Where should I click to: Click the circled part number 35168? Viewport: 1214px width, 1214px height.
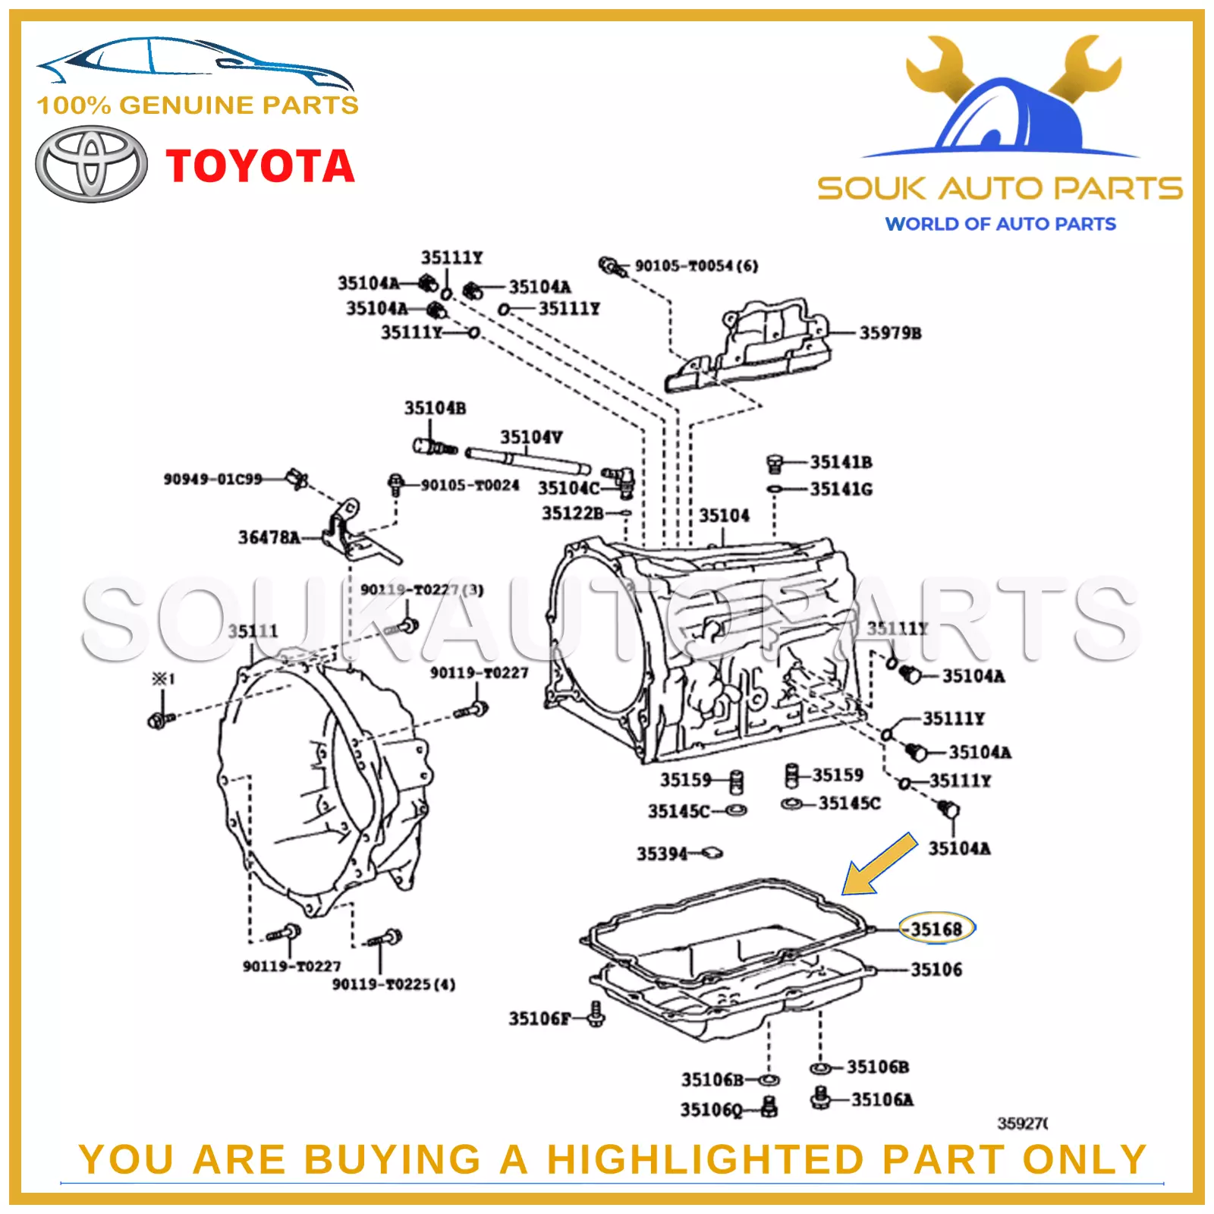[x=936, y=929]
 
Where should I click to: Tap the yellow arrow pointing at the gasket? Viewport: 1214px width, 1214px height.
[x=880, y=865]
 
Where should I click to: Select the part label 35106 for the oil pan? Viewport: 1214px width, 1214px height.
[x=936, y=970]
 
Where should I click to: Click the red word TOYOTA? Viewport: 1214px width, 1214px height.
[x=260, y=166]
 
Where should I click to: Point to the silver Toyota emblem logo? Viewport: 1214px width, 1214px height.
[x=91, y=165]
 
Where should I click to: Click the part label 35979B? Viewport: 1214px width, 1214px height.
[x=890, y=333]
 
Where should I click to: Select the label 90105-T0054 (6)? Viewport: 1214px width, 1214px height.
[x=696, y=266]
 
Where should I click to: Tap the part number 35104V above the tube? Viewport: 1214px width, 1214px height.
[x=531, y=437]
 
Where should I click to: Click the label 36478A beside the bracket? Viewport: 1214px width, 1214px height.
[x=269, y=537]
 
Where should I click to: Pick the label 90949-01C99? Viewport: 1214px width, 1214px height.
[x=213, y=479]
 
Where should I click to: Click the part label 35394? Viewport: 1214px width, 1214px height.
[x=662, y=854]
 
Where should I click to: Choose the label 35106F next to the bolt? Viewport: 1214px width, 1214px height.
[x=539, y=1018]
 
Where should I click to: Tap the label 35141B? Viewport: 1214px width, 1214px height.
[x=841, y=462]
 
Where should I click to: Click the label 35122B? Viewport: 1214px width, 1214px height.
[x=572, y=514]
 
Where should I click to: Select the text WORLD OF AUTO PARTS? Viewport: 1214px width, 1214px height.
[x=1000, y=224]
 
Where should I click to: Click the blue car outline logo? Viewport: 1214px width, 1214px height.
[x=193, y=61]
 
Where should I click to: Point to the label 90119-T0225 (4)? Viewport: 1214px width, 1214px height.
[x=394, y=984]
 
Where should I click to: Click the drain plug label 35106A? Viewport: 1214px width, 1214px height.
[x=882, y=1099]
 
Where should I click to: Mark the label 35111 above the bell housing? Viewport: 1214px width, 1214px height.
[x=253, y=631]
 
